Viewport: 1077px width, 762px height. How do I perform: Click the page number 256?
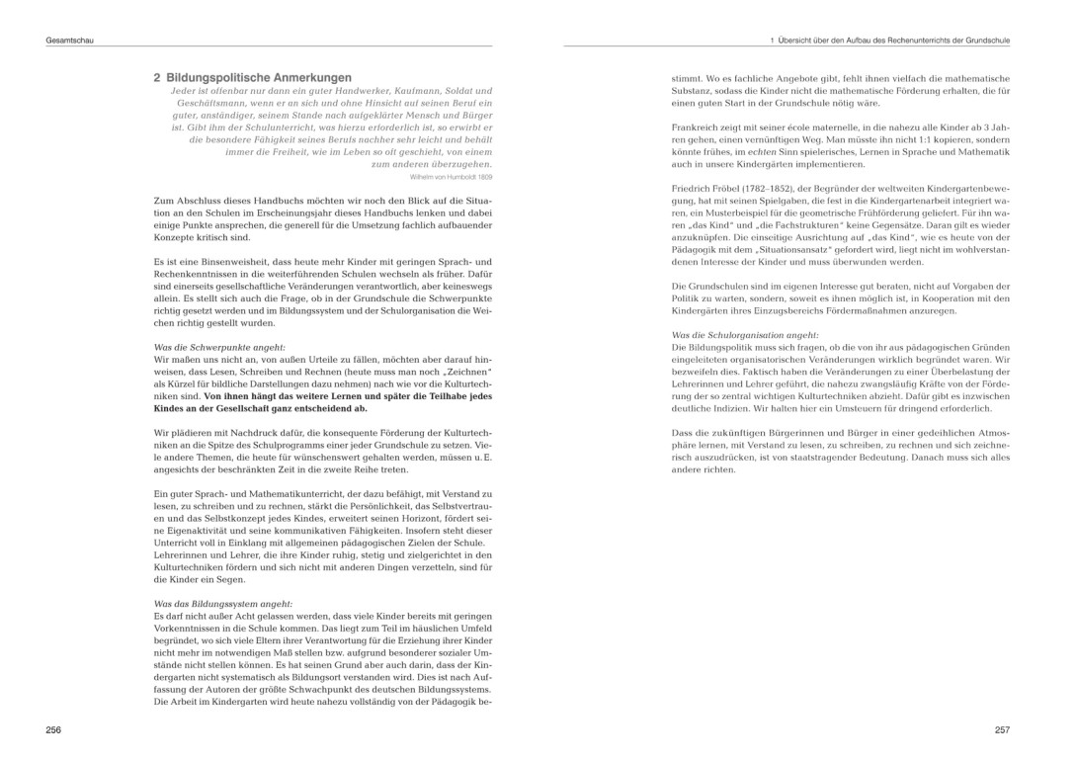click(53, 729)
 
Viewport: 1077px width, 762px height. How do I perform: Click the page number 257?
click(1002, 729)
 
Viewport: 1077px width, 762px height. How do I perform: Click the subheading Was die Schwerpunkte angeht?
click(219, 347)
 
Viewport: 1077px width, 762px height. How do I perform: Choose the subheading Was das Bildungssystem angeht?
click(223, 603)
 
